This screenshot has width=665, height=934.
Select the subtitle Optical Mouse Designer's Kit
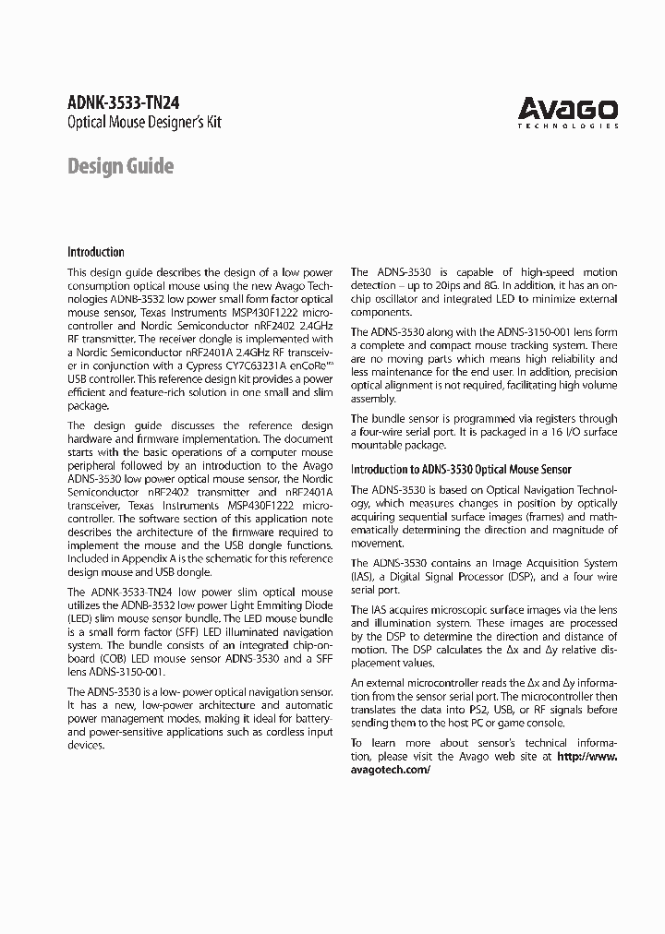point(145,123)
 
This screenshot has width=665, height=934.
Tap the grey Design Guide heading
point(120,166)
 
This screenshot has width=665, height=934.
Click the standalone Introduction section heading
point(95,252)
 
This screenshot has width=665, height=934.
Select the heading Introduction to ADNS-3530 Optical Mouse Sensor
point(461,470)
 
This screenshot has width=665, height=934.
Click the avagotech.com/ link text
point(391,769)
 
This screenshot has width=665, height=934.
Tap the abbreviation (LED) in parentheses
point(81,618)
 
